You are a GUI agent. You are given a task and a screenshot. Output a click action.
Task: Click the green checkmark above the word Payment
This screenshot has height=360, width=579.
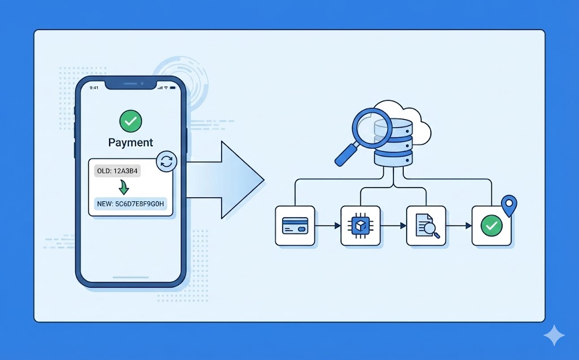[131, 121]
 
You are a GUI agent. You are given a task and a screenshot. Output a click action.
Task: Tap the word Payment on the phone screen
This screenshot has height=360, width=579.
[131, 142]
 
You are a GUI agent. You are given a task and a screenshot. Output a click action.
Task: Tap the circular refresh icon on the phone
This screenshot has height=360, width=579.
[166, 161]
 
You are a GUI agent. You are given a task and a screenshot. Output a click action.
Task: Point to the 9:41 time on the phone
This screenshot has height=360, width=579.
[94, 88]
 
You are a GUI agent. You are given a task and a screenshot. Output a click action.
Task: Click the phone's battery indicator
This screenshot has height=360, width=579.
[173, 88]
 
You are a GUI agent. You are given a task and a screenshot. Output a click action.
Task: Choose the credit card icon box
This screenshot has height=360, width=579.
[295, 225]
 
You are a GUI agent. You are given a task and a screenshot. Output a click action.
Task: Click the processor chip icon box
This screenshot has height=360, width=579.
[360, 225]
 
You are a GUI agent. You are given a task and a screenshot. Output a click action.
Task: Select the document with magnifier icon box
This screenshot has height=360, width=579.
[426, 225]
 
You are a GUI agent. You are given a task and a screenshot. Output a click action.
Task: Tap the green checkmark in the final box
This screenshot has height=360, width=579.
[491, 225]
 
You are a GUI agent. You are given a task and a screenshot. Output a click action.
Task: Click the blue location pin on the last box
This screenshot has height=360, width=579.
[509, 204]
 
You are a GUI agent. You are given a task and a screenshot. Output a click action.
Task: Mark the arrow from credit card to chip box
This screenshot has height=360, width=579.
[327, 225]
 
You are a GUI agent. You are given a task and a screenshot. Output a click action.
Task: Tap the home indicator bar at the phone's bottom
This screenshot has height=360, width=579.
[131, 277]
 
